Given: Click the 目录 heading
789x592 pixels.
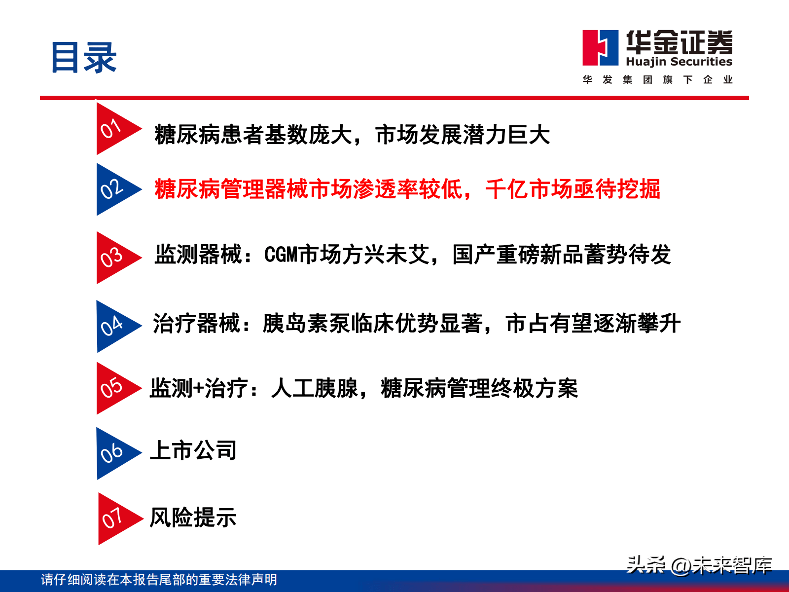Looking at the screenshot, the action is click(x=84, y=58).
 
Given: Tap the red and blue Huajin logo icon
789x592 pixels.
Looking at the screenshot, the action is click(x=600, y=48).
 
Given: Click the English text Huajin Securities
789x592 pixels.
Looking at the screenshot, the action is click(x=679, y=62).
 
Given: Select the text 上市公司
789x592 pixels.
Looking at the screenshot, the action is click(x=193, y=450).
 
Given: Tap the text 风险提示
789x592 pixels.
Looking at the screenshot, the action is click(x=193, y=518).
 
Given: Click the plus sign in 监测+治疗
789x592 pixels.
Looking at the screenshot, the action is click(x=198, y=389).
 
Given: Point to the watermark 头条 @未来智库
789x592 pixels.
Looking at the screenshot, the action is click(x=699, y=565).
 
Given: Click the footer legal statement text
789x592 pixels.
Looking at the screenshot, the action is click(x=159, y=579).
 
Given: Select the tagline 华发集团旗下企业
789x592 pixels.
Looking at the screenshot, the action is click(x=657, y=79).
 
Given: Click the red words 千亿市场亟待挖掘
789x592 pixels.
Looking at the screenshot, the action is click(x=573, y=189).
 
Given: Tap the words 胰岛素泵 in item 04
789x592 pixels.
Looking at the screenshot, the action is click(x=306, y=323).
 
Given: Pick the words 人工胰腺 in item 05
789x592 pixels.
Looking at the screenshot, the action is click(x=315, y=388).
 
